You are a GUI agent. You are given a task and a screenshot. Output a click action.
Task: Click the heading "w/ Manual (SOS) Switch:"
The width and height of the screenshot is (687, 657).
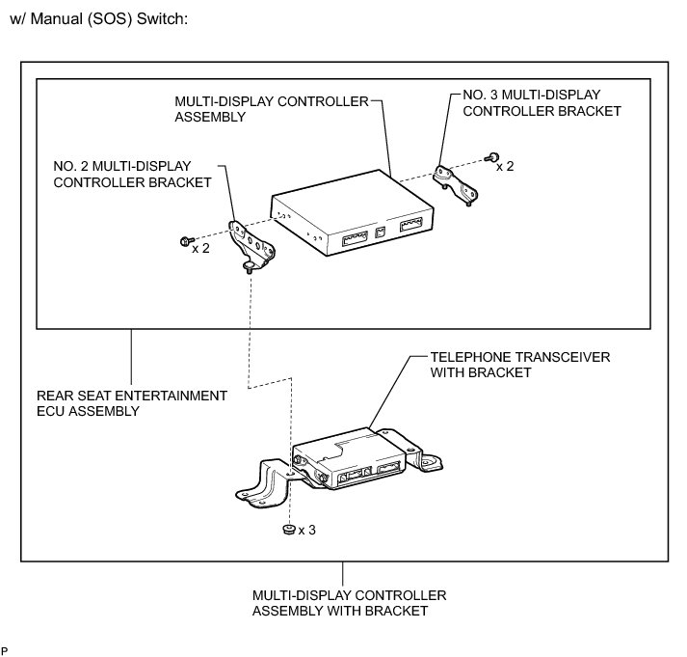pyautogui.click(x=97, y=19)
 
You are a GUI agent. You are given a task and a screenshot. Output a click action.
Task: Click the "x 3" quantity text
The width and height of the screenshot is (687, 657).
pyautogui.click(x=307, y=530)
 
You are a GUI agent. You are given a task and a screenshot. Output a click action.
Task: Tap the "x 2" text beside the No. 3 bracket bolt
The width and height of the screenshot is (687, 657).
pyautogui.click(x=505, y=166)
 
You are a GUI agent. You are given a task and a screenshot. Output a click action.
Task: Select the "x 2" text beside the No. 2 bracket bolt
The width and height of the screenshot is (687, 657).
pyautogui.click(x=201, y=248)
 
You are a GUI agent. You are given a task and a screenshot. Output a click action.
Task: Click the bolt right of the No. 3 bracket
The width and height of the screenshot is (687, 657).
pyautogui.click(x=491, y=156)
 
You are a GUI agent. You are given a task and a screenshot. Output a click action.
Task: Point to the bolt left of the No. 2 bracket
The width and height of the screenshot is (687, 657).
pyautogui.click(x=185, y=240)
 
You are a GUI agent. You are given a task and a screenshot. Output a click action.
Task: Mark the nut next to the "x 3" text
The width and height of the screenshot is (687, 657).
pyautogui.click(x=287, y=530)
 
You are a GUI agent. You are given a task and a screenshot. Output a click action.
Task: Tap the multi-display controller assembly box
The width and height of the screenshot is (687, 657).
pyautogui.click(x=356, y=217)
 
